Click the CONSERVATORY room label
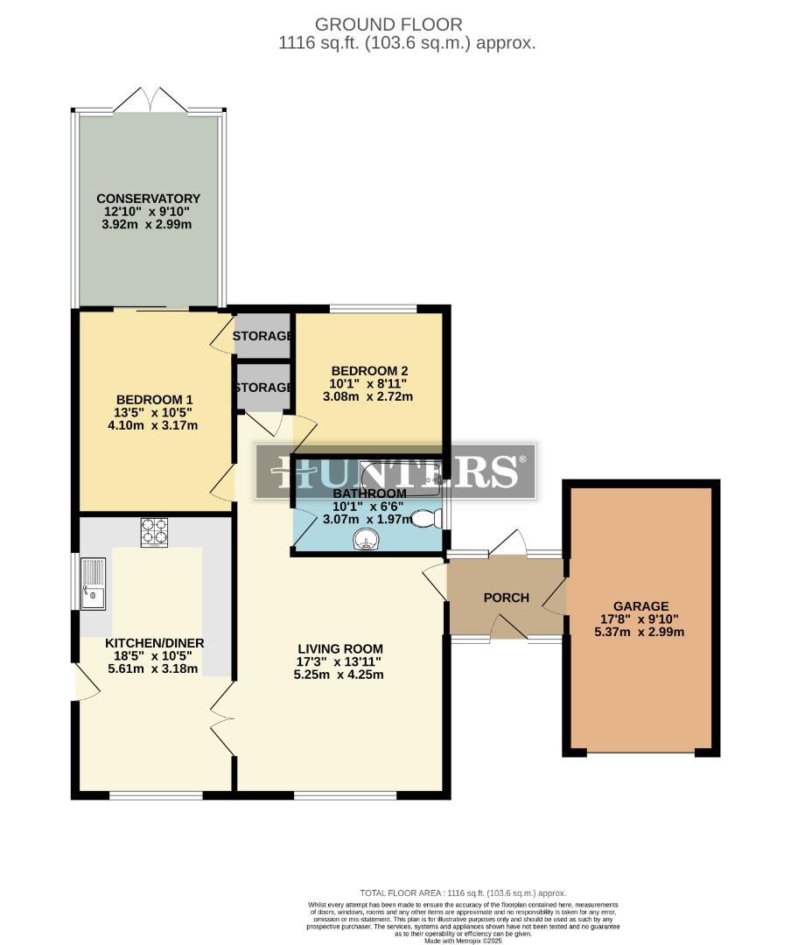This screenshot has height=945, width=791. click(x=148, y=199)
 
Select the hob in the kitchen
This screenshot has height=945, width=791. click(x=154, y=532)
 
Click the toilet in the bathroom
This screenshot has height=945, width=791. click(x=425, y=519)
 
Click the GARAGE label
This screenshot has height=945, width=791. click(x=640, y=605)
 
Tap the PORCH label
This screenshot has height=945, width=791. click(x=506, y=598)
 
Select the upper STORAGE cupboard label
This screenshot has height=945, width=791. click(x=262, y=336)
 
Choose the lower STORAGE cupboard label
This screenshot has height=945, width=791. click(x=262, y=387)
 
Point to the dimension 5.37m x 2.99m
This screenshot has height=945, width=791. click(x=640, y=632)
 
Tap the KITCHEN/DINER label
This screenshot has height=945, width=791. click(x=154, y=643)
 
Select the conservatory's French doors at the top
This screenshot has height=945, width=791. click(x=150, y=100)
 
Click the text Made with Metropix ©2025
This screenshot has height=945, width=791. click(x=465, y=940)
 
